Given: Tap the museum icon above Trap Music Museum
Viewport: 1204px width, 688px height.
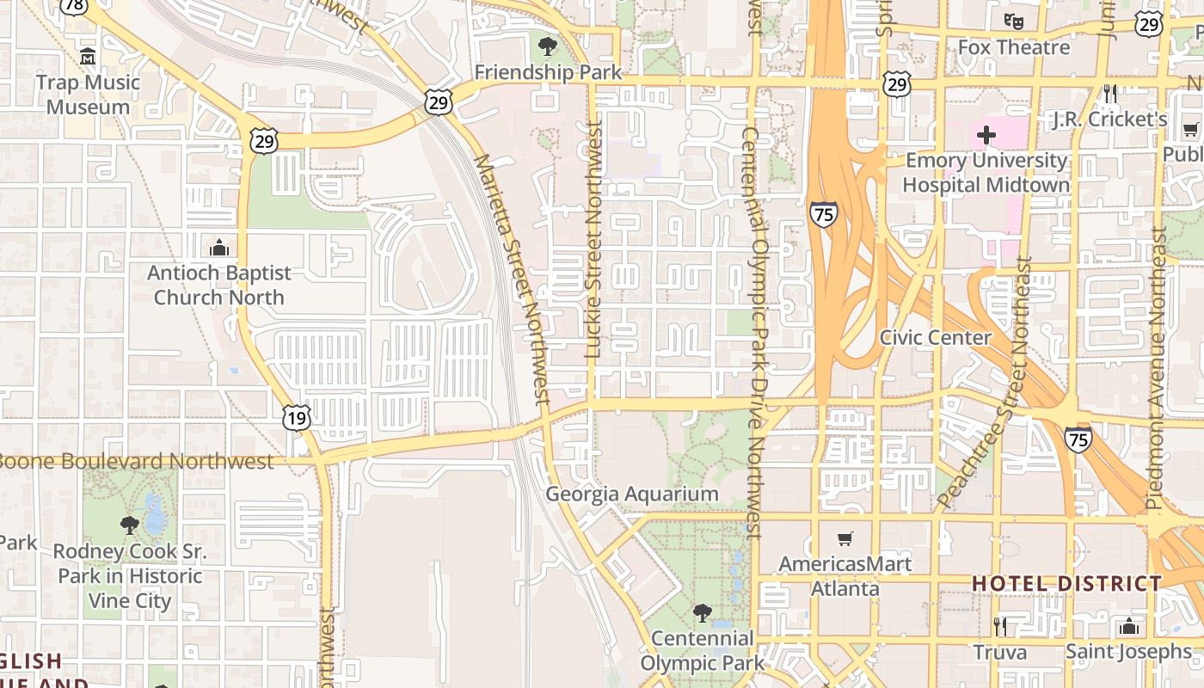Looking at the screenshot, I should coord(88,57).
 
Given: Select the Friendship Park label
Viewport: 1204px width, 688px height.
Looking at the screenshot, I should coord(548,72).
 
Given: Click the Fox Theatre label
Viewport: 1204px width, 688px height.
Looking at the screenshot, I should coord(1014,47).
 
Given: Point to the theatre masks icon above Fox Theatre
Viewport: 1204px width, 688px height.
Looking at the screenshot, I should coord(1014,21).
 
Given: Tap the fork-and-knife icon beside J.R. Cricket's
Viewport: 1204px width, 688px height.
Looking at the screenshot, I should coord(1110,92).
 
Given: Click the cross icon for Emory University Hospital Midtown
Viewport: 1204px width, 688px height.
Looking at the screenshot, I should coord(986,135).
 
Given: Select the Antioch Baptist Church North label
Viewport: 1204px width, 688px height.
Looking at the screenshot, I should coord(219,285).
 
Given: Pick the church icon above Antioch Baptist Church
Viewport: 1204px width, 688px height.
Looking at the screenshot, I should coord(219,248).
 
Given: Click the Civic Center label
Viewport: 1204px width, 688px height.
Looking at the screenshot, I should coord(936,337).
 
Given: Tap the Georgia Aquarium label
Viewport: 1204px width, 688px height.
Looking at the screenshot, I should coord(632,494).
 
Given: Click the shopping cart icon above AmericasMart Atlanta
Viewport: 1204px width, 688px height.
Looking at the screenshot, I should coord(845,538).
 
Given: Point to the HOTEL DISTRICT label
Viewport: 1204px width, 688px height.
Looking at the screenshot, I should coord(1066,583).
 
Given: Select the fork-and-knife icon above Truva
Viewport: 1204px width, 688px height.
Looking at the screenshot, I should coord(999,626).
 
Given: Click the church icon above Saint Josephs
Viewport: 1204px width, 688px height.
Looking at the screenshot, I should coord(1130,625).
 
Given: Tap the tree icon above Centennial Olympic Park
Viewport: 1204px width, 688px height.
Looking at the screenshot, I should coord(703,613).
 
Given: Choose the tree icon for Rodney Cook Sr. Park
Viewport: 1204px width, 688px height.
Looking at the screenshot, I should coord(130,524).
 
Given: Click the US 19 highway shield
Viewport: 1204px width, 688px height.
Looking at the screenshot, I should coord(297,418).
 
